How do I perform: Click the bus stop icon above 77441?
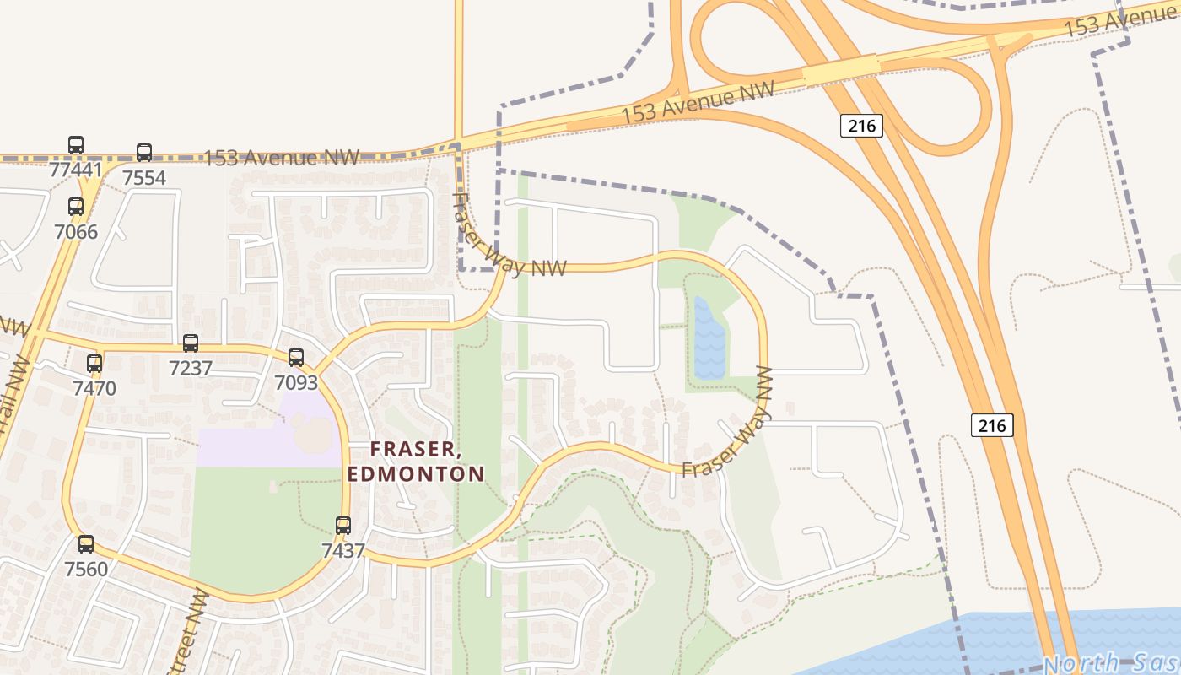(x=76, y=145)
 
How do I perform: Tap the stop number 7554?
(x=144, y=177)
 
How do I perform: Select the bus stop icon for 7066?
(x=76, y=207)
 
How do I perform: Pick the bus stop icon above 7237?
(x=191, y=343)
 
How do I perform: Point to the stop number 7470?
(x=94, y=389)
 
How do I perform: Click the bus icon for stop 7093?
(x=296, y=358)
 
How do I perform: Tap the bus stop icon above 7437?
(x=342, y=526)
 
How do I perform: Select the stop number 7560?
(x=86, y=570)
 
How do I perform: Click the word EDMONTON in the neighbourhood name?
(x=416, y=473)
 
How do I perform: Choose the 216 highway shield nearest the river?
(x=991, y=425)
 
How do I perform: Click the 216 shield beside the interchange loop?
(x=860, y=127)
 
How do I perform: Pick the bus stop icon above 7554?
(x=144, y=153)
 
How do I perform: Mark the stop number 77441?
(x=76, y=170)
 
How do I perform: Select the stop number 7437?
(x=342, y=551)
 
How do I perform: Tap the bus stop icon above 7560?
(x=86, y=544)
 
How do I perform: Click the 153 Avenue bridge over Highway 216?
(x=840, y=70)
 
